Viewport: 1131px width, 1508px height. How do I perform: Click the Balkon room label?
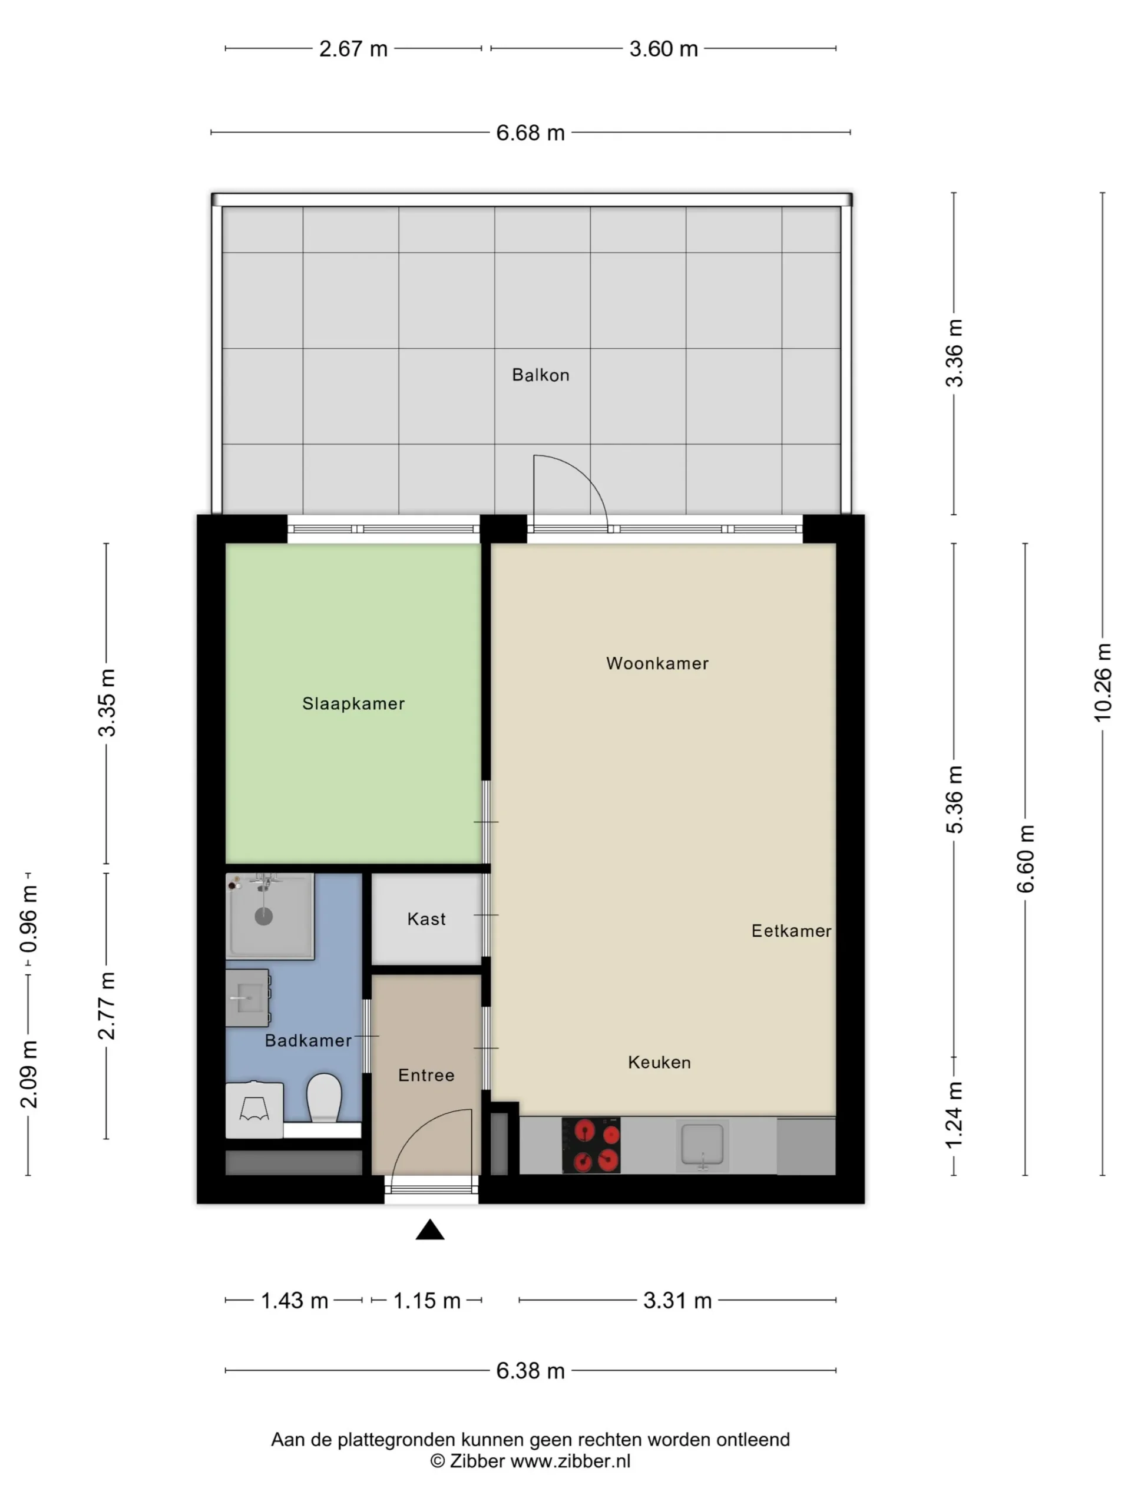point(540,375)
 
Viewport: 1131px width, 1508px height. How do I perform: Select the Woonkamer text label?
point(657,663)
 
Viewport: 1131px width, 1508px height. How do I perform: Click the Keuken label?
point(659,1062)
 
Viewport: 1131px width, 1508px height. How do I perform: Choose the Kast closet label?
point(426,919)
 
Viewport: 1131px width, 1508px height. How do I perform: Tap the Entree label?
point(426,1075)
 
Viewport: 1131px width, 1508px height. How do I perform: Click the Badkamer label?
point(308,1040)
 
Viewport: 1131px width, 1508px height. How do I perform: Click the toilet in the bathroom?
point(324,1097)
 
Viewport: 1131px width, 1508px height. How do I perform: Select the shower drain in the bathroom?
point(264,916)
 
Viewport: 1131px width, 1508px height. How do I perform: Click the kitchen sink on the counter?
point(702,1146)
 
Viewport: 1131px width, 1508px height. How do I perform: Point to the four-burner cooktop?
point(591,1146)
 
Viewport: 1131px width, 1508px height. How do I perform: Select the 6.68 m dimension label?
point(530,133)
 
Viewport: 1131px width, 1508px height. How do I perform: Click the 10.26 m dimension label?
point(1102,682)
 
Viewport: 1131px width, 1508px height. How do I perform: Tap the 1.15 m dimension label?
point(426,1301)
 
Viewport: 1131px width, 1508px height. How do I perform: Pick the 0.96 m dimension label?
point(29,918)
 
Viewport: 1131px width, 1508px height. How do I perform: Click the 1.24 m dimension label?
point(954,1115)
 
